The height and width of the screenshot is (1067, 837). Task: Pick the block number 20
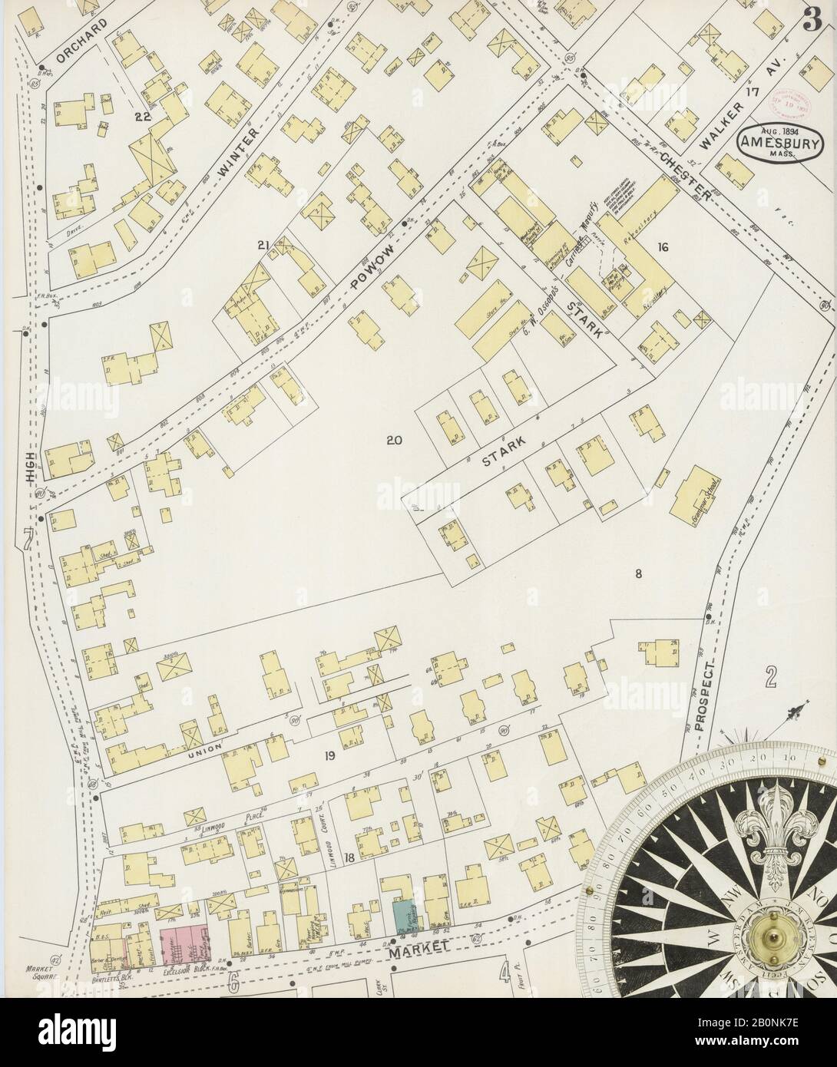[394, 441]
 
